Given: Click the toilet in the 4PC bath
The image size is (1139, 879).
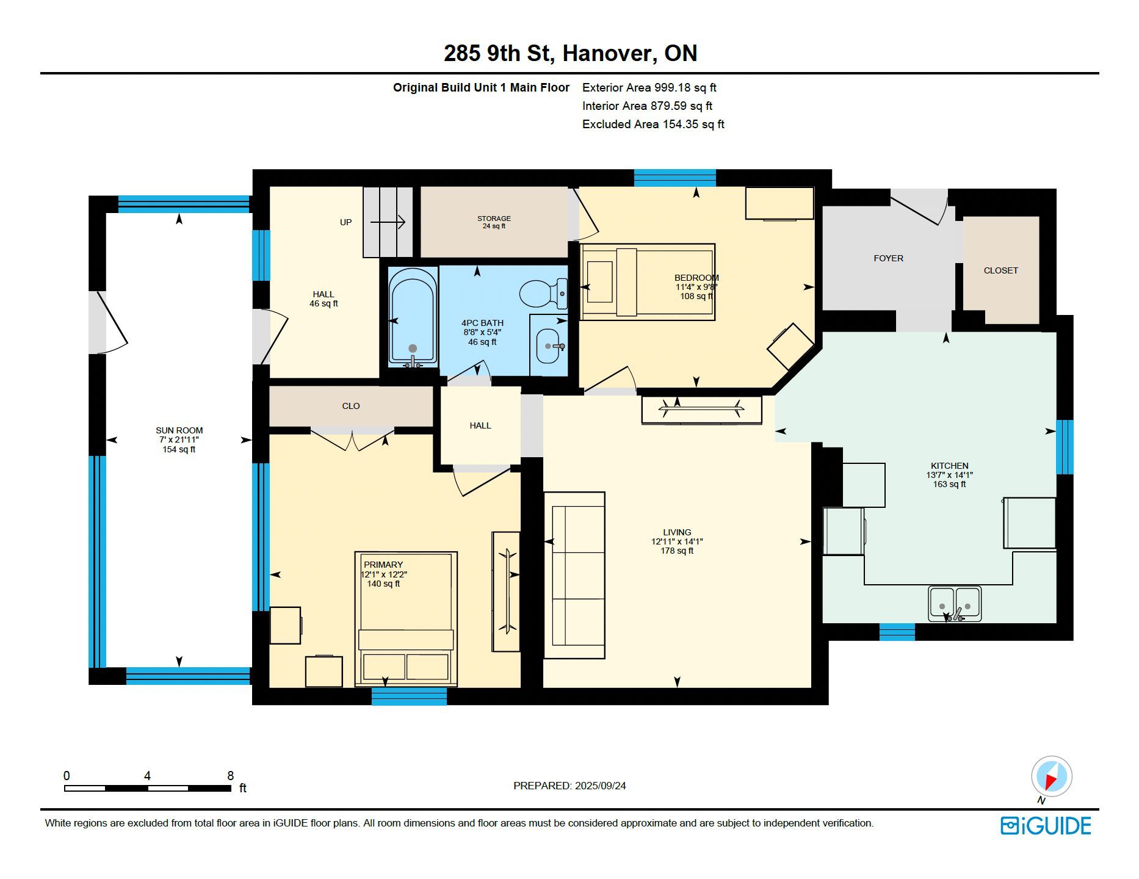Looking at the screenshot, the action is pos(544,294).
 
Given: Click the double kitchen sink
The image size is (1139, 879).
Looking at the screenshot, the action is pos(955,604).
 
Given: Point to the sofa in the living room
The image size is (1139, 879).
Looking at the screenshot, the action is pos(574,575).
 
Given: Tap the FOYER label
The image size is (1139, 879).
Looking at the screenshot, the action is pos(888,258).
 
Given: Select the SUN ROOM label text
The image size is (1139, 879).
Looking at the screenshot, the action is pos(179,430).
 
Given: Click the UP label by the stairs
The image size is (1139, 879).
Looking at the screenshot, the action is pos(345,222).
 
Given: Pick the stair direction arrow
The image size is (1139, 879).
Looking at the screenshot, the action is pos(388,222).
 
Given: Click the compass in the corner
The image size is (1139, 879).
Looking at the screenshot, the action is pos(1051,778).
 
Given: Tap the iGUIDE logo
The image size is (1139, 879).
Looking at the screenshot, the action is pos(1046,826).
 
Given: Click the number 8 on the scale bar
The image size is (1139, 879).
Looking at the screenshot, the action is pos(230,776).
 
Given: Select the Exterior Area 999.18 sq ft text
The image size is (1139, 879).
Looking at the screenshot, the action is pos(649,87).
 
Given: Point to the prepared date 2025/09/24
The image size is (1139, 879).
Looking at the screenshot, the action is pos(600,786).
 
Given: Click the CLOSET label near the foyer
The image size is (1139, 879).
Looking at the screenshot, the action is pos(1000,270).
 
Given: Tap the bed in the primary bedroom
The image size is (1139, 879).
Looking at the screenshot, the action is pos(406,619).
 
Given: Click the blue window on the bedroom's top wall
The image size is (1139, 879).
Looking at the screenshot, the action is pos(674,178).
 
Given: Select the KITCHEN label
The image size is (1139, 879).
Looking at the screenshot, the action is pos(949,466).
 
